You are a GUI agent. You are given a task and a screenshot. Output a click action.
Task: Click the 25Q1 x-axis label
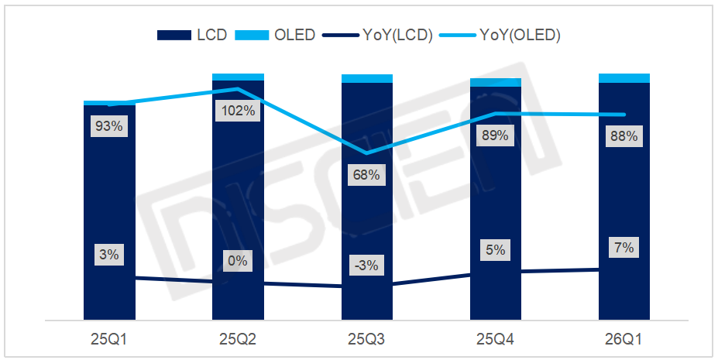click(109, 339)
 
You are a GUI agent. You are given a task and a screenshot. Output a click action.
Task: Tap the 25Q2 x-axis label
click(238, 339)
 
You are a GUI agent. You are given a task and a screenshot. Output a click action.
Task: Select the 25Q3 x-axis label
click(366, 339)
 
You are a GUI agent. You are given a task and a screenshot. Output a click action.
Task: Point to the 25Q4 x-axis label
click(495, 339)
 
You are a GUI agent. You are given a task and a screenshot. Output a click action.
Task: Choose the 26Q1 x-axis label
click(624, 339)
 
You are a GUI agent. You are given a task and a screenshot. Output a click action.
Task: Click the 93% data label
click(109, 126)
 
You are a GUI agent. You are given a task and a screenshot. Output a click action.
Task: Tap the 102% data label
click(238, 111)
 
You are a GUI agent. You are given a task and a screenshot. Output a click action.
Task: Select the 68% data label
click(366, 175)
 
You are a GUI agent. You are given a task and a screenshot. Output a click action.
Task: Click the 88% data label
click(624, 137)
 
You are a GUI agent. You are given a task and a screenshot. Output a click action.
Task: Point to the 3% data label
click(109, 255)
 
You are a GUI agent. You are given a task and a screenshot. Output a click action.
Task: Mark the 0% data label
click(238, 262)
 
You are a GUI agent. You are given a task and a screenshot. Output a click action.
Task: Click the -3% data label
click(366, 266)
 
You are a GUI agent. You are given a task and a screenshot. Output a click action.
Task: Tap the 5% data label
click(495, 251)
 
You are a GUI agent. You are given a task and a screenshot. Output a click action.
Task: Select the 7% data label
click(624, 249)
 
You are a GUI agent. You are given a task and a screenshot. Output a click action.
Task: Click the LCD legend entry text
click(212, 35)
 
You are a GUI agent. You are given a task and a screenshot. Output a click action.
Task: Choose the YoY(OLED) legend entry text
click(520, 35)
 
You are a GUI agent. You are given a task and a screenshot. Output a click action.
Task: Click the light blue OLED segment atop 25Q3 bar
click(366, 78)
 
